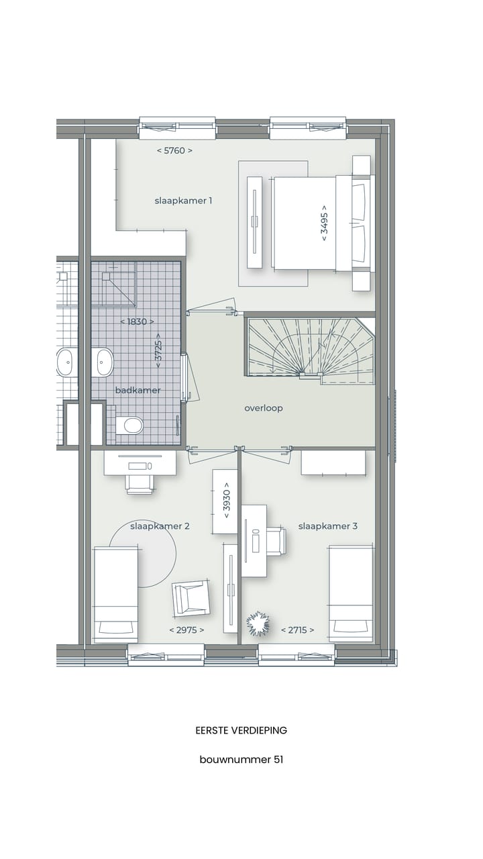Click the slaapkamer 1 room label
coord(183,201)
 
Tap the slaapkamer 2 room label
coord(160,526)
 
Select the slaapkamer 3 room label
coord(328,526)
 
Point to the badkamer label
coord(138,390)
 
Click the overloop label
coord(264,408)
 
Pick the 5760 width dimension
coord(174,150)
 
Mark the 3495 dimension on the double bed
coord(324,223)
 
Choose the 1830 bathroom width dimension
coord(137,321)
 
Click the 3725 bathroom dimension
coord(158,349)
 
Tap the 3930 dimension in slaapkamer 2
coord(226,501)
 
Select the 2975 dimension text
coord(186,629)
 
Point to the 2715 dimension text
coord(297,629)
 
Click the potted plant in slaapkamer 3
coord(258,623)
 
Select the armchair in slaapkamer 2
coord(191,598)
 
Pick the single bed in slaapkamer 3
coord(350,593)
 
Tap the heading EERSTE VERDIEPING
coord(241,730)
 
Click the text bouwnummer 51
coord(241,760)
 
